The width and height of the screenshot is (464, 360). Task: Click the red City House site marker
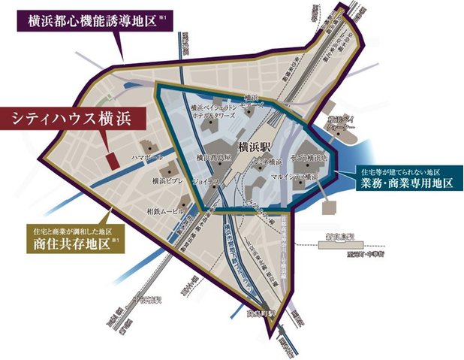pos(110,160)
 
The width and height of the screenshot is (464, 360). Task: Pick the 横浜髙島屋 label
pos(212,158)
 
